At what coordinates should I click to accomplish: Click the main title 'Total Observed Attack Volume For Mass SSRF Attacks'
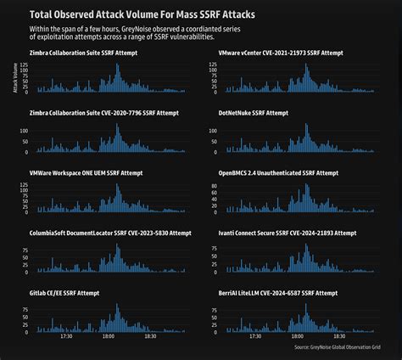click(x=142, y=15)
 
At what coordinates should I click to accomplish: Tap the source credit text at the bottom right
click(x=338, y=347)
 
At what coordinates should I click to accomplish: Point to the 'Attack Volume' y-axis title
click(x=14, y=76)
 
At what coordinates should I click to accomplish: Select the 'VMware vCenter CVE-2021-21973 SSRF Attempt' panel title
click(x=281, y=53)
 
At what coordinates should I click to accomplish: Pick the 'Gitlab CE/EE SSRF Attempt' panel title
click(x=64, y=293)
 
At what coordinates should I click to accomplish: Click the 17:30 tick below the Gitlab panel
click(x=66, y=336)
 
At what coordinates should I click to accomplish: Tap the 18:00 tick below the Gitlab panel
click(x=109, y=336)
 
